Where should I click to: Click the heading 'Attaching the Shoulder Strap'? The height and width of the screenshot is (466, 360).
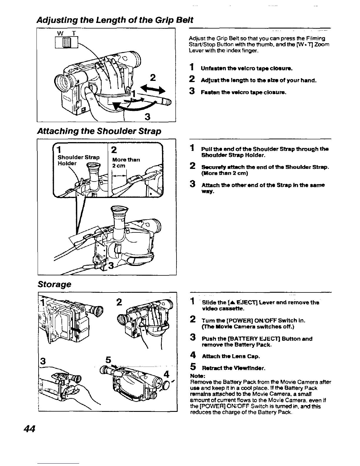[99, 131]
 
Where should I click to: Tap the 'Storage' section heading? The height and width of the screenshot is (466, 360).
[54, 284]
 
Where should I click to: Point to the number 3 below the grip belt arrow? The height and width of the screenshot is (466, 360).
[147, 117]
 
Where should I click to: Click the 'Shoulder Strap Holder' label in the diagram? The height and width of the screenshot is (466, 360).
[78, 160]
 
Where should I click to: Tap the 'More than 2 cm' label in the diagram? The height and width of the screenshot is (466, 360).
[126, 162]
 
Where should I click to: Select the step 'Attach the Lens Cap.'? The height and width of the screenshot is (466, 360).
[230, 357]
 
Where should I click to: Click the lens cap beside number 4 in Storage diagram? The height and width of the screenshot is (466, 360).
[166, 385]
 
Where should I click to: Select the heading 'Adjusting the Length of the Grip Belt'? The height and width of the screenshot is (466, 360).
[115, 20]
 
